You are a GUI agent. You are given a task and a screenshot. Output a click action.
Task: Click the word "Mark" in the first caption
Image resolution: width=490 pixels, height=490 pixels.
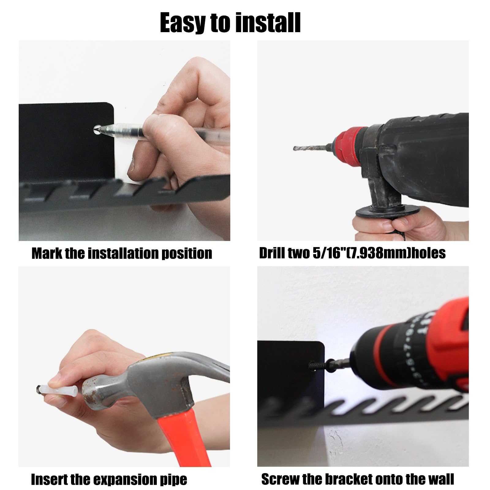click(47, 253)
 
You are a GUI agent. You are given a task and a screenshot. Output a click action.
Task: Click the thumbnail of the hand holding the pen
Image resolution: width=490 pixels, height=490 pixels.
click(124, 141)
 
